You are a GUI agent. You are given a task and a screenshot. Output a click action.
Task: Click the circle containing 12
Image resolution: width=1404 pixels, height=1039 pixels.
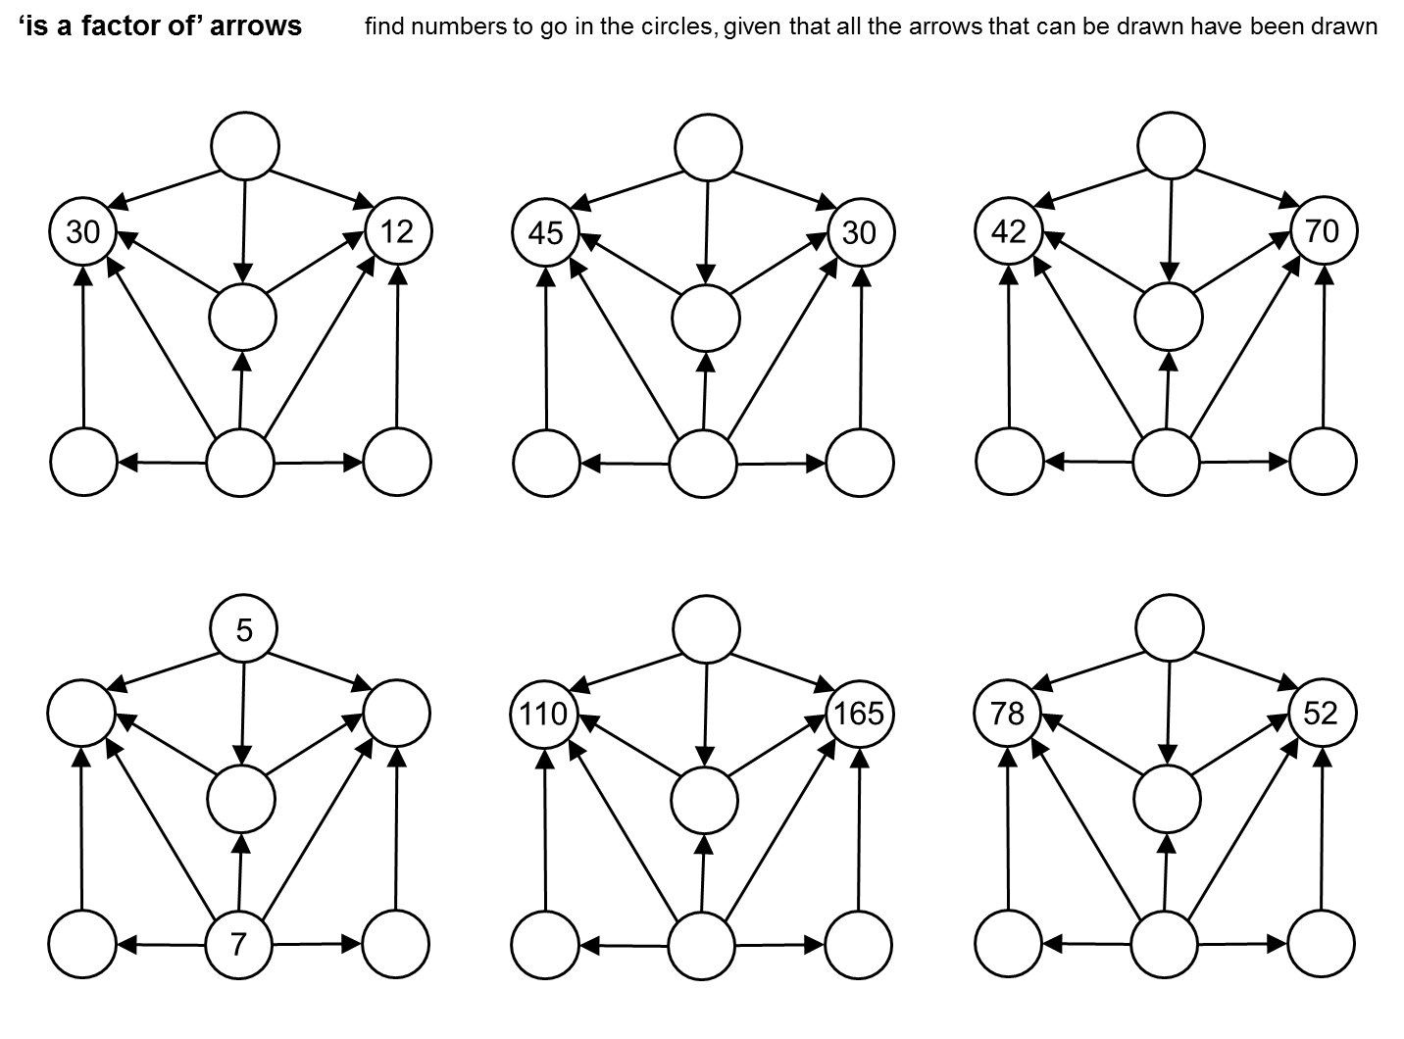pyautogui.click(x=397, y=232)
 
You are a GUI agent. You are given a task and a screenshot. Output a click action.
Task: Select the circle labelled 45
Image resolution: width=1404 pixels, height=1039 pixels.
pyautogui.click(x=546, y=232)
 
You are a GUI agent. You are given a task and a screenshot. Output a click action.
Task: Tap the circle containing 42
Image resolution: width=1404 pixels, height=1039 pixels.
pyautogui.click(x=1009, y=232)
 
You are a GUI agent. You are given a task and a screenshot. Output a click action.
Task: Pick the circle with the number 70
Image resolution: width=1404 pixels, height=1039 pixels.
pyautogui.click(x=1323, y=232)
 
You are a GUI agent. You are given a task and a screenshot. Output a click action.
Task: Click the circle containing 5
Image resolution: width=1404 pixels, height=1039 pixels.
pyautogui.click(x=244, y=629)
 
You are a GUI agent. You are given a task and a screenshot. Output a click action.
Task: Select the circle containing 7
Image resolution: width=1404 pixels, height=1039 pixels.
pyautogui.click(x=238, y=945)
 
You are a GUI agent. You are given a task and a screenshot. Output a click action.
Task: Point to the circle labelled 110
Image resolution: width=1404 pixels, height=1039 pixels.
pyautogui.click(x=544, y=714)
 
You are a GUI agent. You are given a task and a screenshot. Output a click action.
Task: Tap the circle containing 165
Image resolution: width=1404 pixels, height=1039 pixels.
pyautogui.click(x=860, y=714)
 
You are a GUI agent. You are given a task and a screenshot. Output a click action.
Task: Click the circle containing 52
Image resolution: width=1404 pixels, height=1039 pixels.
pyautogui.click(x=1322, y=714)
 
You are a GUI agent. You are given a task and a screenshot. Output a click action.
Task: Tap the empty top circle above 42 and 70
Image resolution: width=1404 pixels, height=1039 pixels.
pyautogui.click(x=1171, y=146)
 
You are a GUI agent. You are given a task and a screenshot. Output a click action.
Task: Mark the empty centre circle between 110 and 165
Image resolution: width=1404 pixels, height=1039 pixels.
pyautogui.click(x=704, y=799)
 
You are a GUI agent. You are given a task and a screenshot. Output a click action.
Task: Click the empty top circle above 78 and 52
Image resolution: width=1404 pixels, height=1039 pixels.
pyautogui.click(x=1170, y=627)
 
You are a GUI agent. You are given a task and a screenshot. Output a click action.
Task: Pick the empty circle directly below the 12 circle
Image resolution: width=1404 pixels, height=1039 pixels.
pyautogui.click(x=396, y=462)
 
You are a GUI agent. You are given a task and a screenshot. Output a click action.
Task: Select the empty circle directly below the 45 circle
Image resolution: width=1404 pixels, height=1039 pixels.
pyautogui.click(x=546, y=462)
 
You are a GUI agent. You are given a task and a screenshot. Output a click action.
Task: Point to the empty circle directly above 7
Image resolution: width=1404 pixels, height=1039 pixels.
pyautogui.click(x=240, y=799)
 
